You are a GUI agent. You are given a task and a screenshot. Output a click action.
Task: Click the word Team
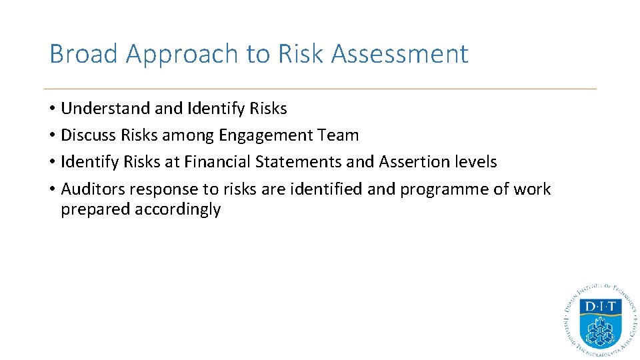point(339,135)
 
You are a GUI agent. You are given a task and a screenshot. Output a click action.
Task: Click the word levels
point(476,162)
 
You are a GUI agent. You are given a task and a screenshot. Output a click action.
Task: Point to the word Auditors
point(93,189)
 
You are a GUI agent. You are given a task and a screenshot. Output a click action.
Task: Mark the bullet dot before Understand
point(52,109)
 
